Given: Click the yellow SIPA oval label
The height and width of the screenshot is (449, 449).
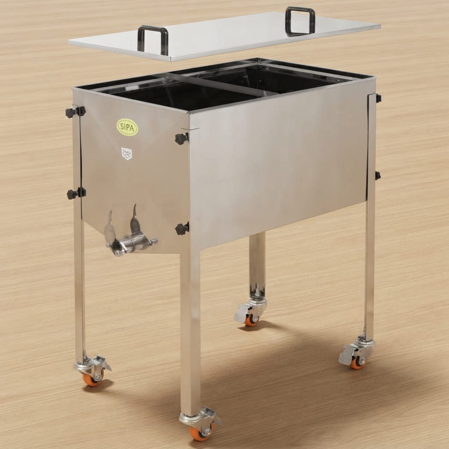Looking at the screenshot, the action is [128, 127].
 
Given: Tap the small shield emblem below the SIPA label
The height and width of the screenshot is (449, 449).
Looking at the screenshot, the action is [127, 153].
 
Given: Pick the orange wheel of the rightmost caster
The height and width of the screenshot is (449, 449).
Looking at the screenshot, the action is [357, 363].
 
